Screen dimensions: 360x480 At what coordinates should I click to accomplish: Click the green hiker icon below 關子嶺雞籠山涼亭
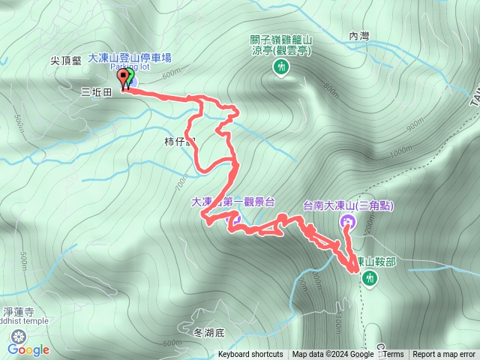coord(280,68)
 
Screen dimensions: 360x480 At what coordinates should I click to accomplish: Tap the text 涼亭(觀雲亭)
coord(281,52)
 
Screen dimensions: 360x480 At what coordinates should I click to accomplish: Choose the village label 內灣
coord(360,35)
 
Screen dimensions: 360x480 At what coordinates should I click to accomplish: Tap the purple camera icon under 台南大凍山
coord(347,221)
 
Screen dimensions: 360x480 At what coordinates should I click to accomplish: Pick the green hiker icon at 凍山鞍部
coord(369,278)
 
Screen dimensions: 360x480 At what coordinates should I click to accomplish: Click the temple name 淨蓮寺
coord(17,310)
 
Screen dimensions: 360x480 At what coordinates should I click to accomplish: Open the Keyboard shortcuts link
coord(250,355)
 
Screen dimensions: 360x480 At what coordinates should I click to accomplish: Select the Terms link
coord(393,355)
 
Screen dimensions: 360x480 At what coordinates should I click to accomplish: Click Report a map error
coord(445,355)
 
